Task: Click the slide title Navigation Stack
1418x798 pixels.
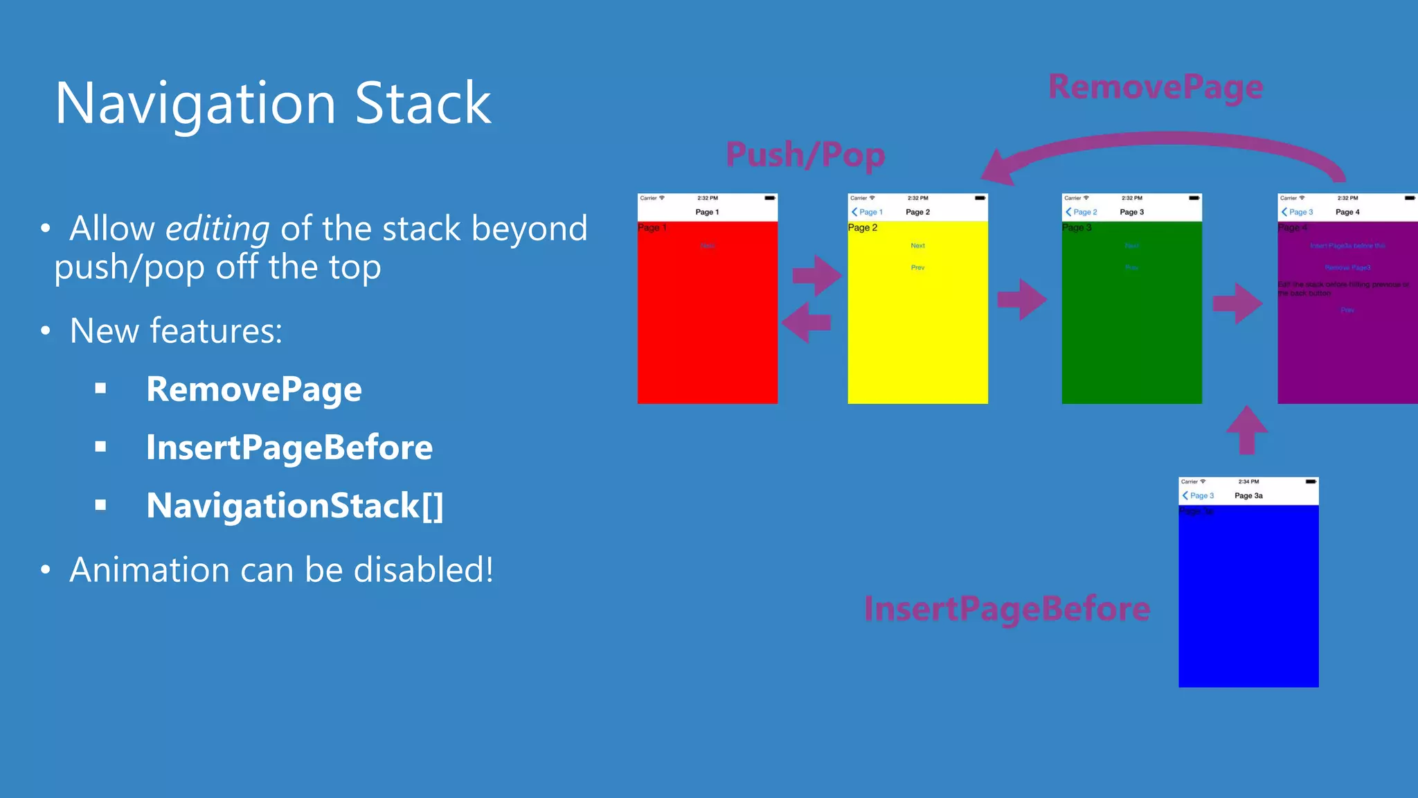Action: (x=273, y=104)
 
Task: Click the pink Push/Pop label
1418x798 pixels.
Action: (x=805, y=155)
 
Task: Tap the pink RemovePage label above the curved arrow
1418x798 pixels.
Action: (x=1156, y=88)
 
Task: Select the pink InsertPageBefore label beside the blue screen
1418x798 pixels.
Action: (x=1007, y=609)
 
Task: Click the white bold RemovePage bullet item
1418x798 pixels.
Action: (x=253, y=389)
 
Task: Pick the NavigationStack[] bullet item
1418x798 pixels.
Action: (x=294, y=506)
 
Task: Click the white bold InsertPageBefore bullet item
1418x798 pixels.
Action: (x=289, y=447)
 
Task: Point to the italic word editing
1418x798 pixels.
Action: (x=217, y=229)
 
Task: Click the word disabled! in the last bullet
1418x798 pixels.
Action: (x=423, y=570)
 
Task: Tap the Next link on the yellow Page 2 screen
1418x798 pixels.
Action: (x=917, y=246)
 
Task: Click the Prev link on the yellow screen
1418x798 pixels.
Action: (x=917, y=267)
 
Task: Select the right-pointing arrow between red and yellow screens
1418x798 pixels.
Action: (x=817, y=276)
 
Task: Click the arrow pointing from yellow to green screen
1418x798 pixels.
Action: (x=1022, y=299)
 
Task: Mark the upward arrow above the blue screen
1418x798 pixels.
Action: (x=1246, y=429)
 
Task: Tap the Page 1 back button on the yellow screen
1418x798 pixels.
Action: (x=868, y=212)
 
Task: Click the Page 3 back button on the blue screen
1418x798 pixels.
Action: (x=1199, y=496)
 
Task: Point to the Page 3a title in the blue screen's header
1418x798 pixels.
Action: (x=1248, y=496)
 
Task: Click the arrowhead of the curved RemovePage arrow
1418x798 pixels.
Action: (x=997, y=168)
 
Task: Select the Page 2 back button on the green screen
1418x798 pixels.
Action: (x=1082, y=212)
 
